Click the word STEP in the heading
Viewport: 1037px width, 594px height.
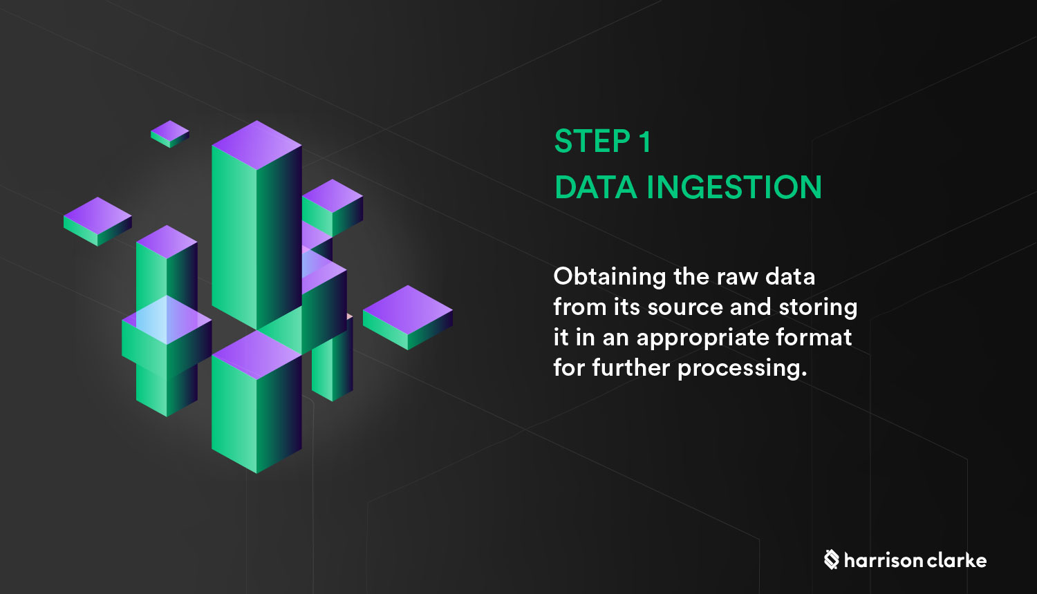[591, 142]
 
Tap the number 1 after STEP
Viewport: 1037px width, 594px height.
[644, 142]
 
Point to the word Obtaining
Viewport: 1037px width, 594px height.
[609, 277]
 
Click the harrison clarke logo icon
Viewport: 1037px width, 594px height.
[831, 559]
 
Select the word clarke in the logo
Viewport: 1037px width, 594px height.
[957, 560]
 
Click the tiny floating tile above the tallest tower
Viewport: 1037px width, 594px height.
[170, 133]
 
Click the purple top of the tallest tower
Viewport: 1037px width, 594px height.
[256, 145]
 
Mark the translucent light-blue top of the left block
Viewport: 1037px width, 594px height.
[167, 320]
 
